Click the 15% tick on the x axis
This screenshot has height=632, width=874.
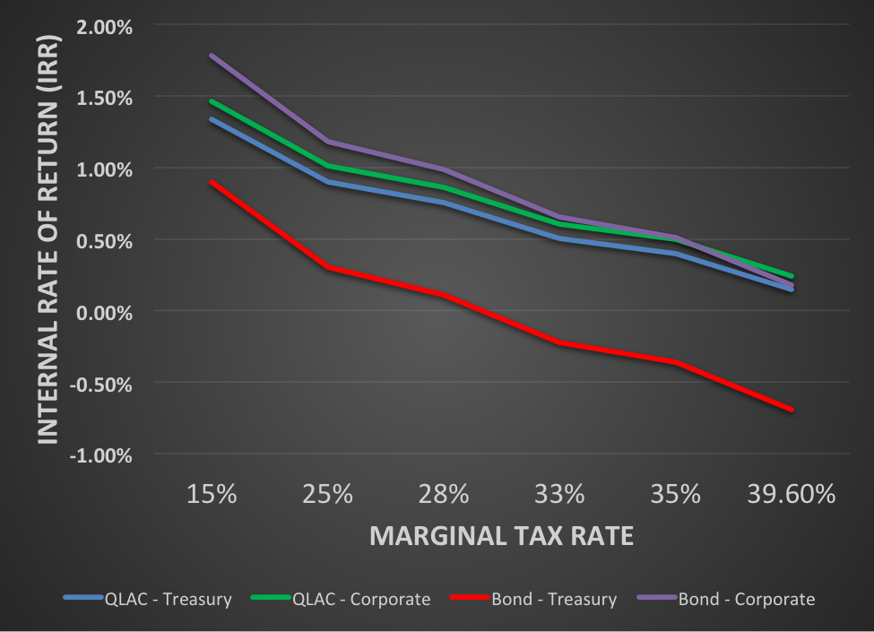211,494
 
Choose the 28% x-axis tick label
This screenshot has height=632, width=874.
444,494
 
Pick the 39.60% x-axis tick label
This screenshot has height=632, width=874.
792,494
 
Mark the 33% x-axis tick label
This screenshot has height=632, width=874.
559,494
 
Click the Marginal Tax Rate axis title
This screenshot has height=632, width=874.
501,536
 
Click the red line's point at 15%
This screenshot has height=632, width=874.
211,182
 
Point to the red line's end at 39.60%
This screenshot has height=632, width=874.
792,410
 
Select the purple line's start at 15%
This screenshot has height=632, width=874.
211,56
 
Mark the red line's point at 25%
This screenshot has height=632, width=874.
327,267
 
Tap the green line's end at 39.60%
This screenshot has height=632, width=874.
792,276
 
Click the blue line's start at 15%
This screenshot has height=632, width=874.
211,118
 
